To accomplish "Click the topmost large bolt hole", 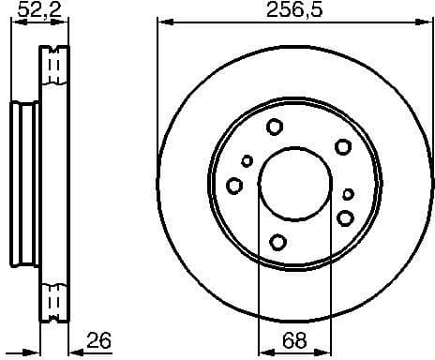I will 275,127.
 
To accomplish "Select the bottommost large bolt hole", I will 277,241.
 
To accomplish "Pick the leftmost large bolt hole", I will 234,186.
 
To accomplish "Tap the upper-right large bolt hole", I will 343,146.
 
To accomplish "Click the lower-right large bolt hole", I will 345,218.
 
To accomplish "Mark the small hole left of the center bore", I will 247,161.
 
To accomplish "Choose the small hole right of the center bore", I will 348,194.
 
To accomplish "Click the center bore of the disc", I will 294,183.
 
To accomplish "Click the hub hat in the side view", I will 23,183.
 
